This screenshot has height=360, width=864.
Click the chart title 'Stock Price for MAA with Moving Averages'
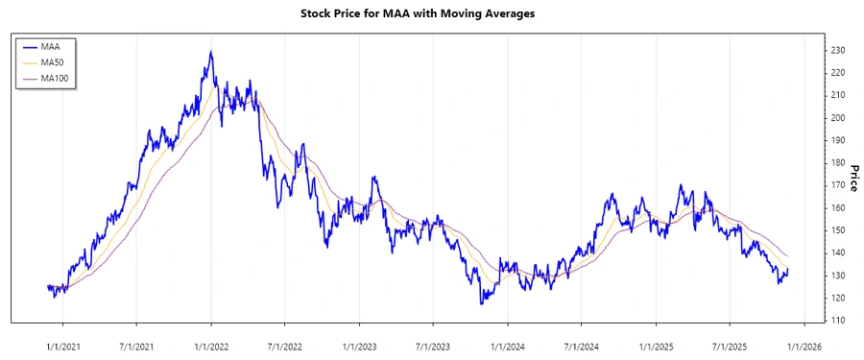coord(432,14)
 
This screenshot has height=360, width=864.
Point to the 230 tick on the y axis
coord(838,50)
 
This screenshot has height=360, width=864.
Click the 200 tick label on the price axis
coord(838,118)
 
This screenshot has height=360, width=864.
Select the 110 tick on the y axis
coord(838,321)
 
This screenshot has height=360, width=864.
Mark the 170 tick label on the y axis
coord(838,185)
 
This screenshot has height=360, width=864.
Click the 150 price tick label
coord(838,230)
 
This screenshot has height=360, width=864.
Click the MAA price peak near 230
coord(211,52)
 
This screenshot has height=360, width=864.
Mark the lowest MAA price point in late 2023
coord(481,303)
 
